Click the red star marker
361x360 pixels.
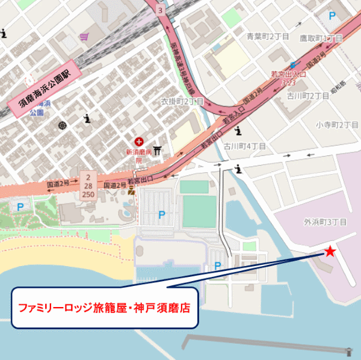pos(330,251)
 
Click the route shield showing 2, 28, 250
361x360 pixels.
pos(88,186)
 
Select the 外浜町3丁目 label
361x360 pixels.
pos(326,222)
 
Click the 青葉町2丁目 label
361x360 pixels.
pos(268,37)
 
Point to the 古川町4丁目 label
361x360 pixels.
pos(245,146)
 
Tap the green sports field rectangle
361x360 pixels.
pos(198,211)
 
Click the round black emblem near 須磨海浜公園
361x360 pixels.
pos(62,125)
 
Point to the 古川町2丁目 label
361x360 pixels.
pos(307,96)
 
